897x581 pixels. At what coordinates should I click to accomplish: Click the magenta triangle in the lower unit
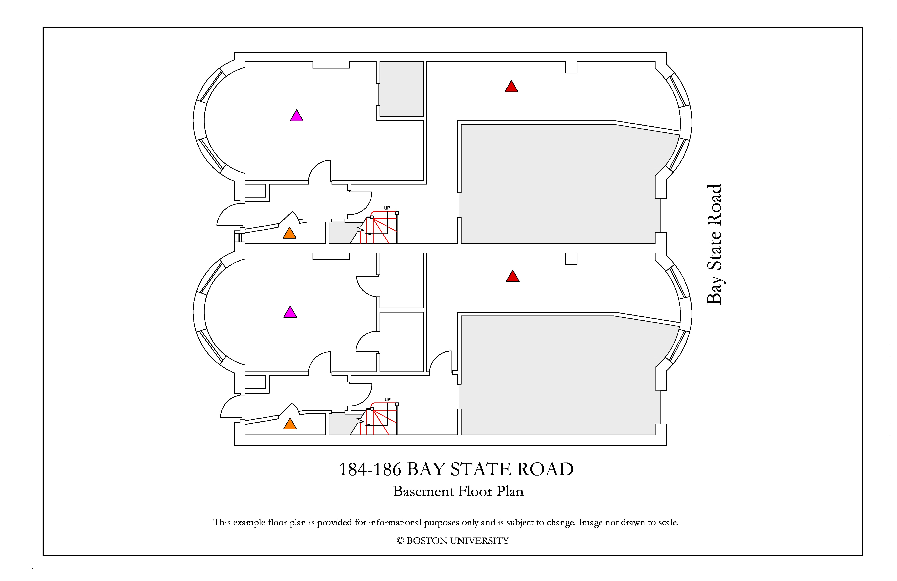[x=290, y=312]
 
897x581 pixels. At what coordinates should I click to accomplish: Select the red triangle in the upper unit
[x=511, y=87]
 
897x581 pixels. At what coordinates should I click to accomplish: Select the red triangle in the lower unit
[x=513, y=277]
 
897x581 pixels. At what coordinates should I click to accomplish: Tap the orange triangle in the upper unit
[x=290, y=233]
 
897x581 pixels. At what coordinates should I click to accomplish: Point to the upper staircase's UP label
[x=387, y=208]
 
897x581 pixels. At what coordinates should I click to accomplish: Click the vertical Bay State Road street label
[x=714, y=245]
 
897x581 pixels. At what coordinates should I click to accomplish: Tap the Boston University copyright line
[x=453, y=541]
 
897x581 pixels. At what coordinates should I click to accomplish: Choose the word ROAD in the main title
[x=545, y=470]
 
